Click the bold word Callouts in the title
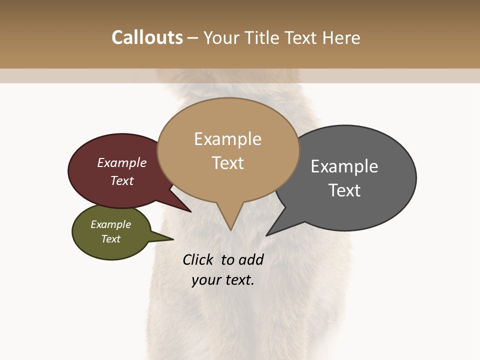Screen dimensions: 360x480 [147, 37]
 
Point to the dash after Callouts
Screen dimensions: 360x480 [193, 38]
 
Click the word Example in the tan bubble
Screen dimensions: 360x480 [227, 139]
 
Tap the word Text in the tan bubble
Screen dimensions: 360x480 [228, 163]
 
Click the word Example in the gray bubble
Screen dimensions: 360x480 [344, 166]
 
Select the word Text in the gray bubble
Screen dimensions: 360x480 [344, 190]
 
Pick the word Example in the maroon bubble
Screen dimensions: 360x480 [122, 162]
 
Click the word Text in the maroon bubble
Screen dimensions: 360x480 [122, 180]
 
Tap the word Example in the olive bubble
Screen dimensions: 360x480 [110, 224]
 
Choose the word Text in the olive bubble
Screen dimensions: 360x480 [111, 239]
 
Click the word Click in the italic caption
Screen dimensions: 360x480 [198, 259]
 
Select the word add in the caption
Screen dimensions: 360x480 [251, 259]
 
